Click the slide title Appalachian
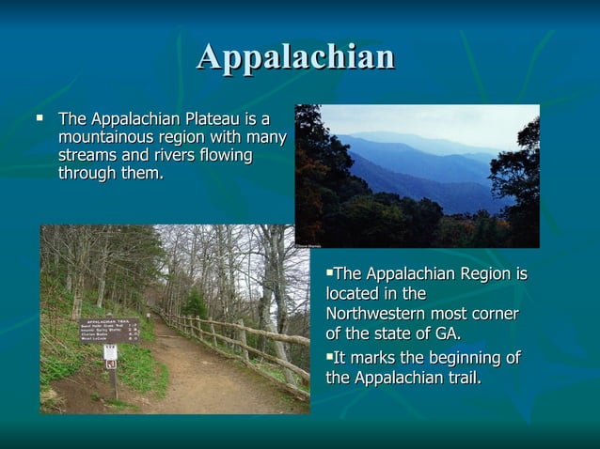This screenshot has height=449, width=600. click(x=295, y=57)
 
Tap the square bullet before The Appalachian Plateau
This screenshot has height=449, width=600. click(x=39, y=118)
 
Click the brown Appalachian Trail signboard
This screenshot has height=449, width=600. click(x=109, y=330)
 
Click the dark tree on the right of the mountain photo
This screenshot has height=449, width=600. click(x=517, y=178)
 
